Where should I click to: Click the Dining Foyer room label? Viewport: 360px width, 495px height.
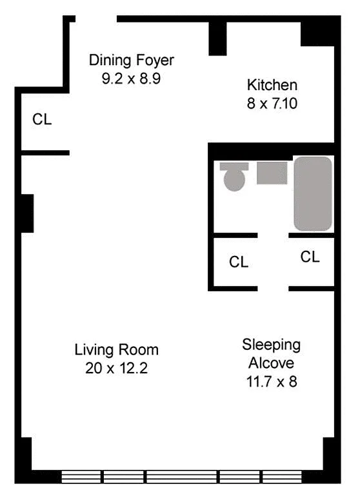132,61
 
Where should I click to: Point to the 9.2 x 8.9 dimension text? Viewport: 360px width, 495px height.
131,78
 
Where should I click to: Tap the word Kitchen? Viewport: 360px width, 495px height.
272,85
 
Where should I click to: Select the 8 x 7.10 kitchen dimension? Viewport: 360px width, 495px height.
272,104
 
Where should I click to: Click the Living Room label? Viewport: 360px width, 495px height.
116,350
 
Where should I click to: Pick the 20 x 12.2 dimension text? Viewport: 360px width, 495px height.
116,368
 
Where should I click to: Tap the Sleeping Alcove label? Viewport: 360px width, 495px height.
271,354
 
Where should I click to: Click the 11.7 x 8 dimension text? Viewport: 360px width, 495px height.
272,382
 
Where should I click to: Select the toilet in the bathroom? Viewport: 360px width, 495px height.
234,177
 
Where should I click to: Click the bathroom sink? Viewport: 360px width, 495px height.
272,173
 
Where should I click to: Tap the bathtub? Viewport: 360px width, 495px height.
313,193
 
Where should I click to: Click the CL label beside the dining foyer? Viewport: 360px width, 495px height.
42,119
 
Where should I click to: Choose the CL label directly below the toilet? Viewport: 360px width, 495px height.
239,262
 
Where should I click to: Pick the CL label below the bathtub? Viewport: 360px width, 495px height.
310,257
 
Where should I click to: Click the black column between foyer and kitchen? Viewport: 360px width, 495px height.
218,39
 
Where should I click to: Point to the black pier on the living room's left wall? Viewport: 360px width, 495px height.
27,213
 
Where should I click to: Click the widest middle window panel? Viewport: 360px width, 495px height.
181,477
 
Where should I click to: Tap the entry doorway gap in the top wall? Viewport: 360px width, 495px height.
96,19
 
